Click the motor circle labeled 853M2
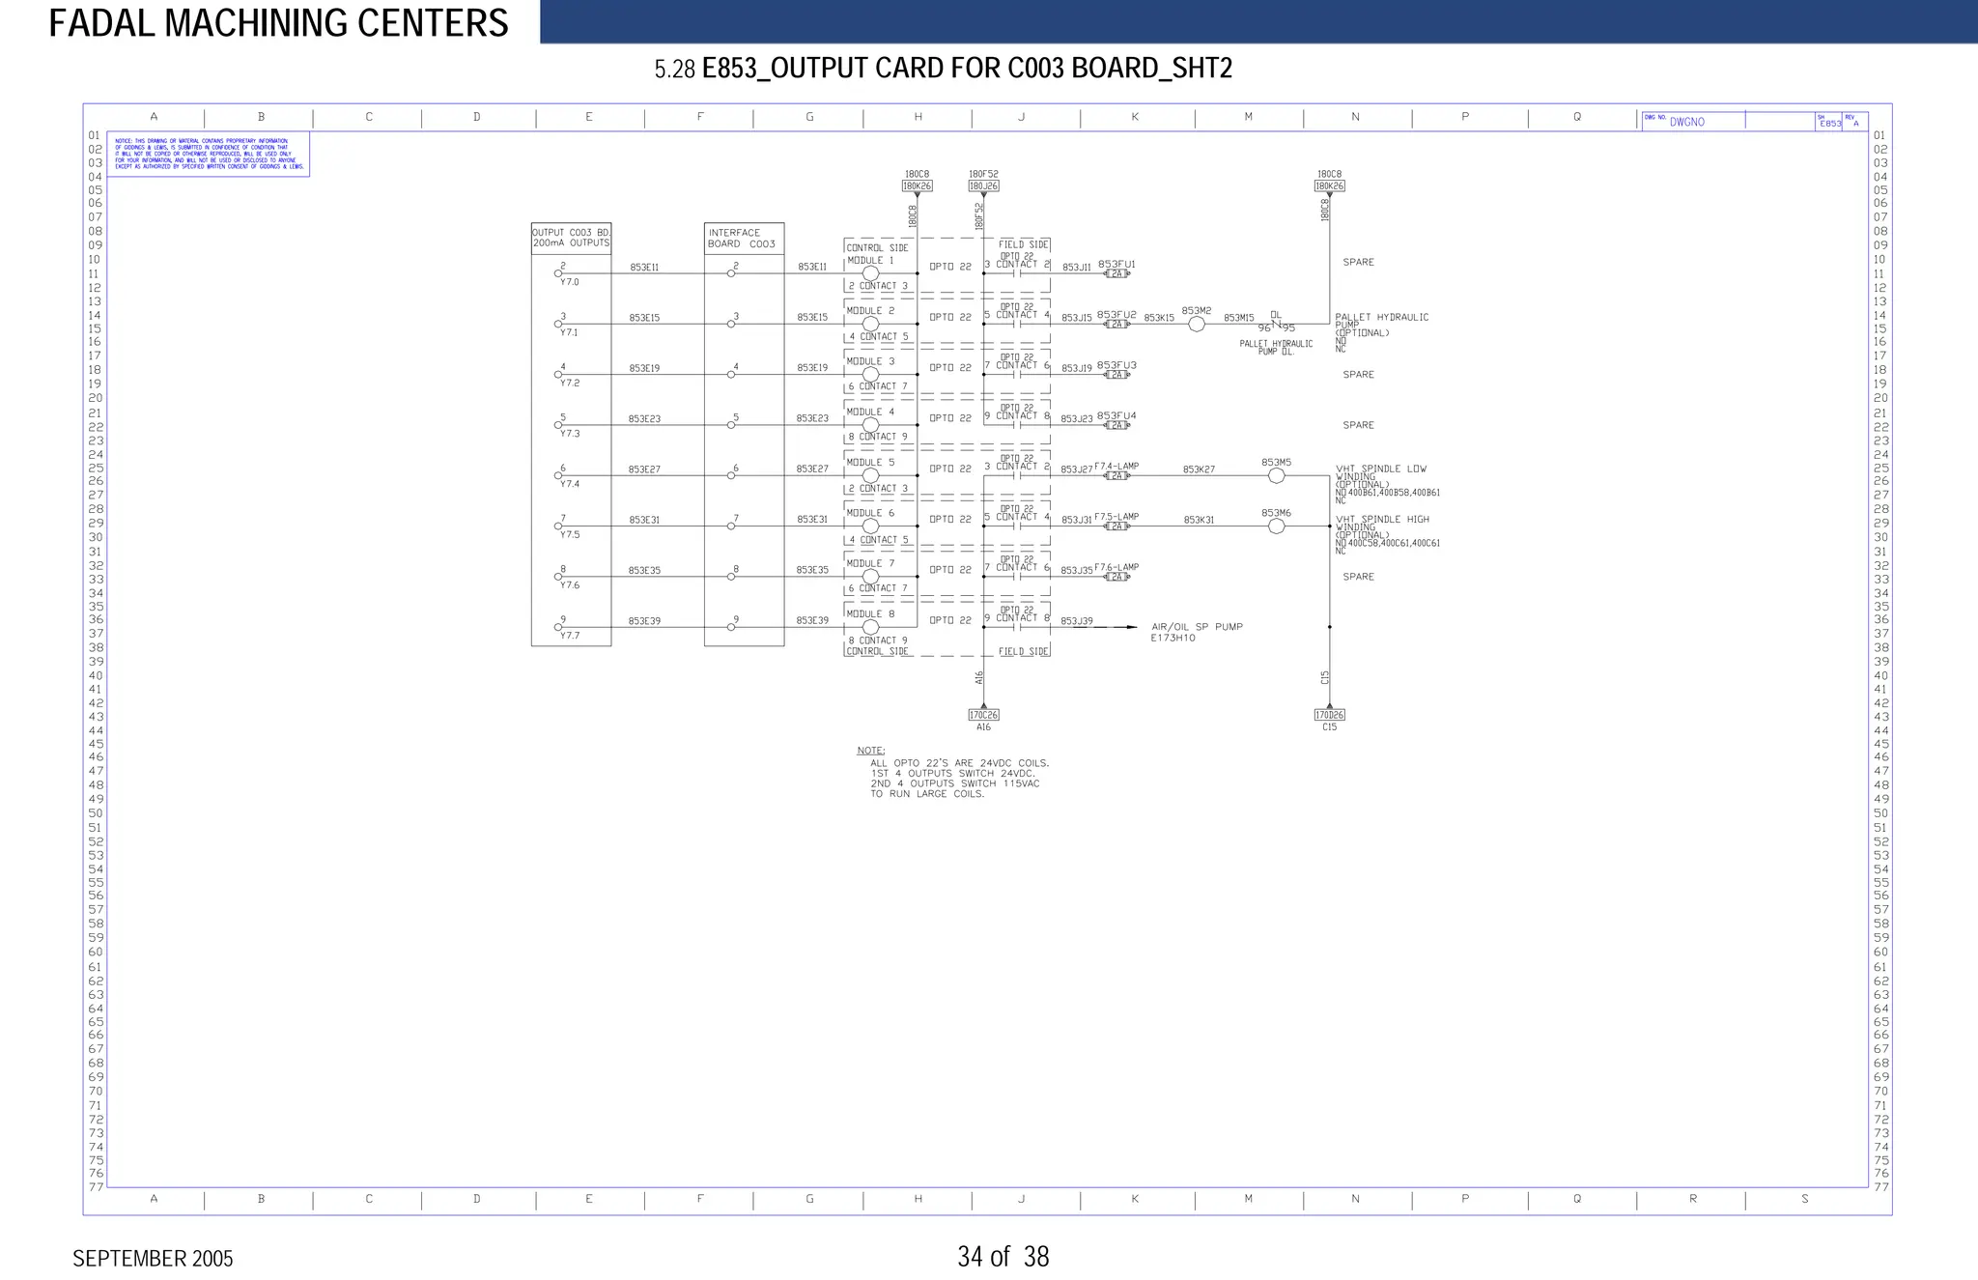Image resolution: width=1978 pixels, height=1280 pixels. (1197, 325)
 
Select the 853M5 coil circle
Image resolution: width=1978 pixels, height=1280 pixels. (1276, 476)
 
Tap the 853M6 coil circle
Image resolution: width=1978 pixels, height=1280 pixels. (1276, 526)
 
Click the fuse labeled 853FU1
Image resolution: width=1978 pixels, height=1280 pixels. (1116, 274)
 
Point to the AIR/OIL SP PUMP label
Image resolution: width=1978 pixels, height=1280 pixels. (1197, 627)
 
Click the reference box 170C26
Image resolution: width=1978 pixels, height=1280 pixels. (983, 715)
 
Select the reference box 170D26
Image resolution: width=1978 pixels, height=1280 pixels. (1329, 715)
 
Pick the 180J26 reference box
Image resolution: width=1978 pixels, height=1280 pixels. (983, 185)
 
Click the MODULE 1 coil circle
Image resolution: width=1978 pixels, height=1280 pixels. (870, 273)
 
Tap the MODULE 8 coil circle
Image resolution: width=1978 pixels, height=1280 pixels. (870, 627)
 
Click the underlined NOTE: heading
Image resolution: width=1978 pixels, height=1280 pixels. (870, 751)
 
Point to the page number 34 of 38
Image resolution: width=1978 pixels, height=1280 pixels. (1003, 1257)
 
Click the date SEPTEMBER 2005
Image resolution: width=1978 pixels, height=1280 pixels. (153, 1259)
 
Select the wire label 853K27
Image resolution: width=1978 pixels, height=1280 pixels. (1199, 469)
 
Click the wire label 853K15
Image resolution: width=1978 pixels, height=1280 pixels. (1159, 318)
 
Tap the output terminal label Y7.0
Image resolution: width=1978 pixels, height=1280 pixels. (570, 282)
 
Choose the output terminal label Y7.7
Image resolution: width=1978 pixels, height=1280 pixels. (570, 636)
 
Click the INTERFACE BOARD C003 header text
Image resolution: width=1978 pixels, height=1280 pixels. (742, 239)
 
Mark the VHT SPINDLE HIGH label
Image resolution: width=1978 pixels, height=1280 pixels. (1382, 520)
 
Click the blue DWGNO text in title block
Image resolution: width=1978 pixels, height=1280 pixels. (1686, 123)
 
